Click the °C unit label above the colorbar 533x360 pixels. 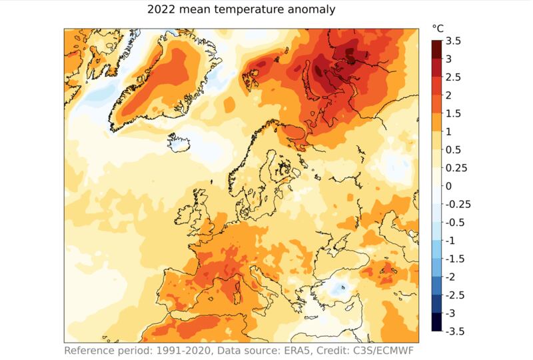pyautogui.click(x=438, y=28)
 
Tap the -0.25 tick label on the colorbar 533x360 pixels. pyautogui.click(x=458, y=204)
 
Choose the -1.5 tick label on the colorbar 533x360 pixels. pyautogui.click(x=455, y=259)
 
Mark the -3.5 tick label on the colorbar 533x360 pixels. pyautogui.click(x=455, y=331)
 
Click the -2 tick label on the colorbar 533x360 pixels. pyautogui.click(x=451, y=277)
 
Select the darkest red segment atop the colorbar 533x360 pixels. pyautogui.click(x=436, y=50)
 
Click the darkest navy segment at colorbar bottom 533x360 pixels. pyautogui.click(x=436, y=322)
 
